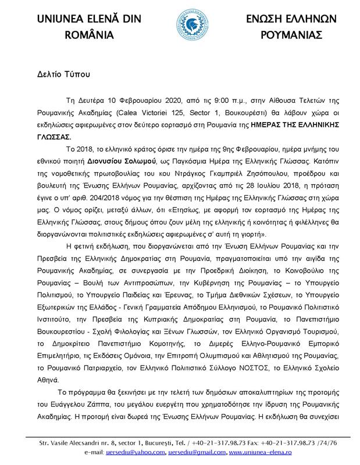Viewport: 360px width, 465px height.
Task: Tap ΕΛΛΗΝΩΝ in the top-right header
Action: (308, 17)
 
